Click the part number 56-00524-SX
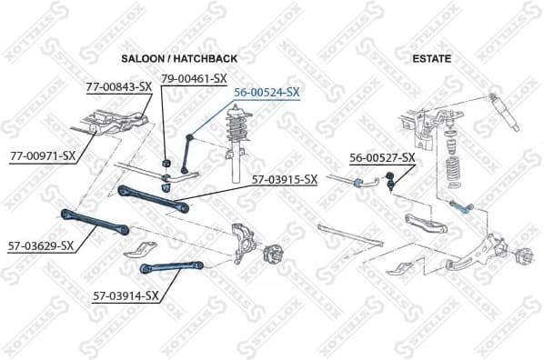tap(267, 92)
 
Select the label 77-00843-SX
tap(118, 87)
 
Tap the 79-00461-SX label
tap(194, 78)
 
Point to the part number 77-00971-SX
tap(42, 155)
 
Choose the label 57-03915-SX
tap(284, 179)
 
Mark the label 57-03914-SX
tap(126, 295)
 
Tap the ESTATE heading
tap(433, 58)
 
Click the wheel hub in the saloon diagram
tap(271, 254)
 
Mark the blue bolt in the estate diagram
tap(462, 207)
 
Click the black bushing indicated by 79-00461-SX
tap(166, 163)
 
